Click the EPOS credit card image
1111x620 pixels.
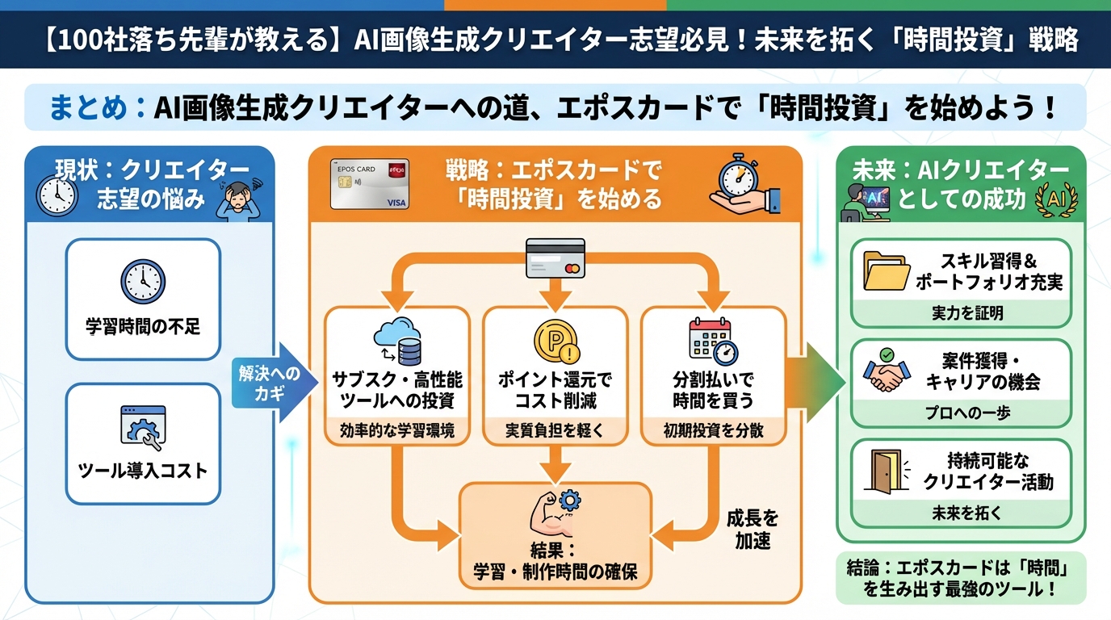[369, 184]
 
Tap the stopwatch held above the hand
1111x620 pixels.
[738, 174]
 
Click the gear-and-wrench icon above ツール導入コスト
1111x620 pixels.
[143, 428]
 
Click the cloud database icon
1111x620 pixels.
[396, 341]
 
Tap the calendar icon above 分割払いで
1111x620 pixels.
[713, 340]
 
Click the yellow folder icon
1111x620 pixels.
[886, 270]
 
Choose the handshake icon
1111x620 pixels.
[887, 371]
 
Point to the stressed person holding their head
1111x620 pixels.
[238, 199]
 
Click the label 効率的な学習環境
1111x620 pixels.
[396, 431]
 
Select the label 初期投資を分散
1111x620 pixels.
[713, 431]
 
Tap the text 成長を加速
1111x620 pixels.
[752, 530]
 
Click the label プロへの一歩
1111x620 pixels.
[961, 413]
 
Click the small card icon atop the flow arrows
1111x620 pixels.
[555, 257]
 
